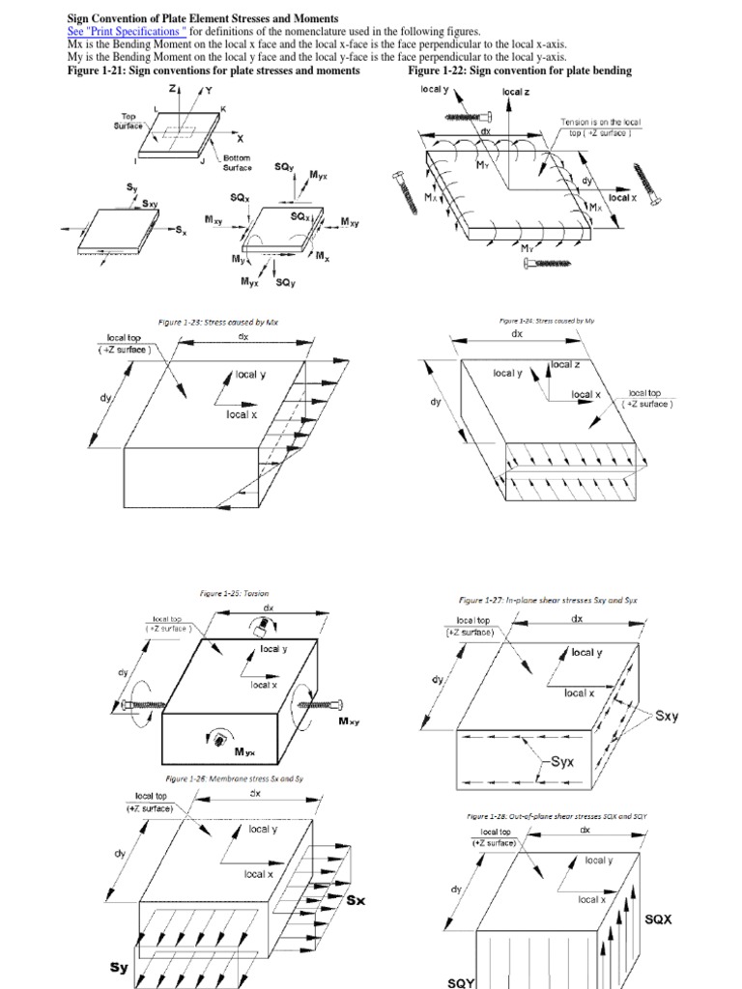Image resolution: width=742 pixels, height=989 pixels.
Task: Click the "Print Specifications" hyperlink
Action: pyautogui.click(x=126, y=32)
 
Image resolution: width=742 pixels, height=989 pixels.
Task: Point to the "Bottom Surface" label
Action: pyautogui.click(x=238, y=162)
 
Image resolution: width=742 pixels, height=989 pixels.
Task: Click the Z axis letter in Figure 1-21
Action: pyautogui.click(x=172, y=89)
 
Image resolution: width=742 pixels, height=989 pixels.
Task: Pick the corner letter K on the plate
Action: pyautogui.click(x=223, y=109)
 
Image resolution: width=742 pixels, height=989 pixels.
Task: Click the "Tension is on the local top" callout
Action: pyautogui.click(x=601, y=128)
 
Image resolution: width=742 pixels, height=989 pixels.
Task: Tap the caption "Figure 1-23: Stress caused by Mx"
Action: pyautogui.click(x=217, y=322)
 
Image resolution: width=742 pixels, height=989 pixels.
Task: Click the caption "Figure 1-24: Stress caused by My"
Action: pyautogui.click(x=546, y=317)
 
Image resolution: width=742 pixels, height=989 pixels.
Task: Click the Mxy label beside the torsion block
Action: pyautogui.click(x=348, y=721)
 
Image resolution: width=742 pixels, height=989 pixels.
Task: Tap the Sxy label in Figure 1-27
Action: pyautogui.click(x=667, y=716)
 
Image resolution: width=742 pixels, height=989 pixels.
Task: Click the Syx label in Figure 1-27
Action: pyautogui.click(x=562, y=762)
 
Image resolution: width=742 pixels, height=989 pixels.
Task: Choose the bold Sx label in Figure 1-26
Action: pyautogui.click(x=356, y=901)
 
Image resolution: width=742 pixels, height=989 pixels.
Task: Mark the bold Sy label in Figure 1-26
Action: pyautogui.click(x=119, y=967)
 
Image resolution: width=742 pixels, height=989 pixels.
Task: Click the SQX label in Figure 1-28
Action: pyautogui.click(x=658, y=920)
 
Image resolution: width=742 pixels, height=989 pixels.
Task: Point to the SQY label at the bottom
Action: pyautogui.click(x=464, y=981)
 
